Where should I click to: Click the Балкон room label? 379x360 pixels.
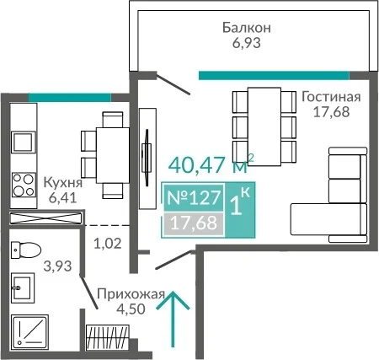click(247, 28)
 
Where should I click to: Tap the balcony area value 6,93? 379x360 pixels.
click(247, 43)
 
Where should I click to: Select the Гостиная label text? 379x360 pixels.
click(331, 97)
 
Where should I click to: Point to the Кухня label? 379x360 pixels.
click(63, 183)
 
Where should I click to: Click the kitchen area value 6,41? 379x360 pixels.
click(62, 198)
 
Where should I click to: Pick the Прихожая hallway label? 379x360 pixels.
click(131, 294)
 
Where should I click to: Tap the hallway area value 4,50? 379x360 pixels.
click(131, 309)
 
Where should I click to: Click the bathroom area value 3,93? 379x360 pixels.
click(58, 266)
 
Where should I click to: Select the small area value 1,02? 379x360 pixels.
click(108, 244)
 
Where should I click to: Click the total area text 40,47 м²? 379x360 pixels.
click(211, 164)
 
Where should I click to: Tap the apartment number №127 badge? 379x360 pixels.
click(194, 197)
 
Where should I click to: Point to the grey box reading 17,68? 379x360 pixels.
click(194, 223)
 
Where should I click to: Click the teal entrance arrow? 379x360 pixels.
click(173, 319)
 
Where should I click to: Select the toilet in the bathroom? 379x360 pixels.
click(26, 250)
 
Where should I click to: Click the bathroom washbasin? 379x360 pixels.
click(23, 287)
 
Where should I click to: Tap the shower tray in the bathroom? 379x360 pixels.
click(29, 332)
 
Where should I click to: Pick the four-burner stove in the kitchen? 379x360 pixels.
click(24, 185)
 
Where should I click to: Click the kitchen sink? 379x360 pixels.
click(24, 142)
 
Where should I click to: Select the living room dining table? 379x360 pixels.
click(264, 126)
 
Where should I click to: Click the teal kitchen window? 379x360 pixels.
click(70, 97)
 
